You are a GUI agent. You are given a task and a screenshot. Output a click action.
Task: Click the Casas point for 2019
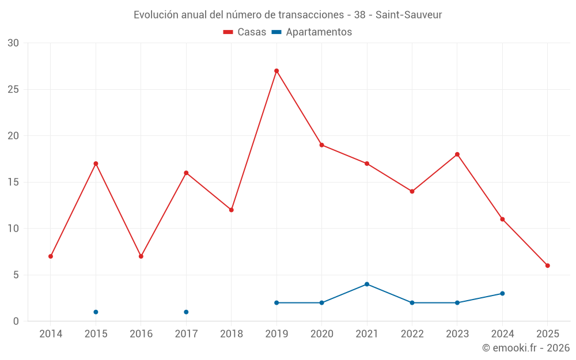tap(276, 71)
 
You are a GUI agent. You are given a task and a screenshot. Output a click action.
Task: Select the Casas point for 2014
tap(51, 256)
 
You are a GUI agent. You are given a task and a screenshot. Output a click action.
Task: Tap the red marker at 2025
tap(548, 266)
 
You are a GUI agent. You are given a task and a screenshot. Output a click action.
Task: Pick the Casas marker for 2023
tap(457, 154)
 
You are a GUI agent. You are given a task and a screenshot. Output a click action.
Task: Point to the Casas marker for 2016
tap(141, 256)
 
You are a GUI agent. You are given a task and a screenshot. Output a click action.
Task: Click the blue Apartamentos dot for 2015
tap(96, 312)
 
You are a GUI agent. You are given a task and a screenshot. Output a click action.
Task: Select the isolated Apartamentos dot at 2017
tap(186, 312)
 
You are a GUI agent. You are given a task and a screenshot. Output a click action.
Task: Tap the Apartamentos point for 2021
tap(367, 284)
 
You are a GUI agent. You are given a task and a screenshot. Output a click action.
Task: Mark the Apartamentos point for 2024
tap(502, 293)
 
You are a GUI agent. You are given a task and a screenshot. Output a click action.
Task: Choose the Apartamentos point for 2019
tap(276, 303)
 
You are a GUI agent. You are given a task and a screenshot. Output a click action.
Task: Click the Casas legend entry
tap(245, 32)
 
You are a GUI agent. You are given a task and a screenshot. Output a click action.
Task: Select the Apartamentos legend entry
tap(312, 32)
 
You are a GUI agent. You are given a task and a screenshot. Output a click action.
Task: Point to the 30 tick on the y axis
tap(13, 43)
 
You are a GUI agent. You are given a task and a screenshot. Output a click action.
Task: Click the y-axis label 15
tap(13, 183)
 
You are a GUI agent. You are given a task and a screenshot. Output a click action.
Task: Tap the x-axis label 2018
tap(232, 334)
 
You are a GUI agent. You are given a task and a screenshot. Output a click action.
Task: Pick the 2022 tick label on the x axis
tap(412, 334)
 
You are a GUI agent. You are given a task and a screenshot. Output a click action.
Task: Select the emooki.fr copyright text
tap(526, 348)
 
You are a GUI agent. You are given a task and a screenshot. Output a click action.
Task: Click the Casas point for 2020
tap(322, 145)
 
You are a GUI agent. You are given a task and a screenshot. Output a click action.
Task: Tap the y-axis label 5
tap(16, 275)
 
